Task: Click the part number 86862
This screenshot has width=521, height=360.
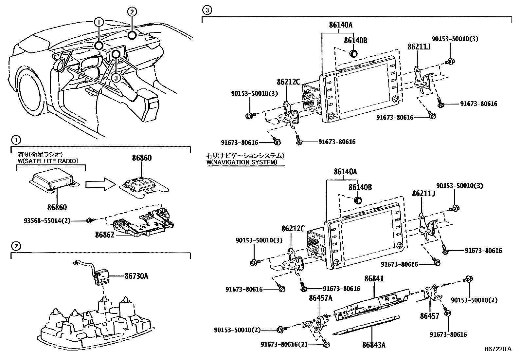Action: (x=105, y=235)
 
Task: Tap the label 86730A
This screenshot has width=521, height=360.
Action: (x=136, y=276)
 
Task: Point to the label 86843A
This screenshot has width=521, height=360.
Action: (x=374, y=345)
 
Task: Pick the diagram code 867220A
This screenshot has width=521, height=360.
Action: (x=498, y=349)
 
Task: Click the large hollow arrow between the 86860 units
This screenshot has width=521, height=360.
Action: (x=101, y=184)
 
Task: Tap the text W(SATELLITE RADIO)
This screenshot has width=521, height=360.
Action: (x=48, y=161)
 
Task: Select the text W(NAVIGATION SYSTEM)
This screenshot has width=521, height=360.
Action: (x=242, y=162)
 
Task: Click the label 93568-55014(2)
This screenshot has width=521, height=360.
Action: (x=47, y=221)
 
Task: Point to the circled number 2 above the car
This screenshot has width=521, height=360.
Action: (x=131, y=12)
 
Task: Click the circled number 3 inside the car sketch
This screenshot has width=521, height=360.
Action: (x=115, y=78)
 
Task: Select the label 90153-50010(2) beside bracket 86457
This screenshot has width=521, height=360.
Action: (x=474, y=300)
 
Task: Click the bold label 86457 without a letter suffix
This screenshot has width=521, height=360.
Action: (x=429, y=316)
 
